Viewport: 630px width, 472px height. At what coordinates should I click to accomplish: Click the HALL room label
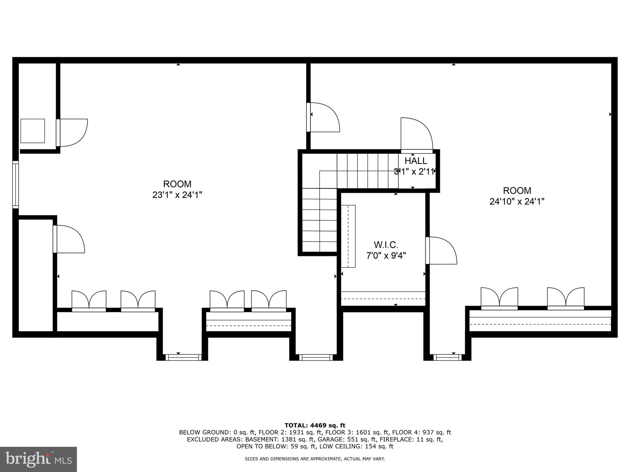(x=416, y=161)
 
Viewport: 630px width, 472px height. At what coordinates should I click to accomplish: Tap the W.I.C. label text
(x=386, y=245)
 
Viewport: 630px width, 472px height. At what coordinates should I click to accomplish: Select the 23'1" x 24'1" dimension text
(x=177, y=195)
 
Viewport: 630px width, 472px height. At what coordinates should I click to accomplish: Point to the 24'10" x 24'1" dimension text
(x=517, y=202)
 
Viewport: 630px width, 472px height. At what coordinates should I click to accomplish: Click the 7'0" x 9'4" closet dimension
(x=386, y=256)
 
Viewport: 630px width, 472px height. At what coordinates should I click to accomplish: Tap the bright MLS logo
(x=38, y=459)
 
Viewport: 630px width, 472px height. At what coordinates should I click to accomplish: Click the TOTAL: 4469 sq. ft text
(x=315, y=425)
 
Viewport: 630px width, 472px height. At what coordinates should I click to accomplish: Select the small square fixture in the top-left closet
(x=33, y=131)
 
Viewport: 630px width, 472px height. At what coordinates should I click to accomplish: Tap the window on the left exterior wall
(x=15, y=184)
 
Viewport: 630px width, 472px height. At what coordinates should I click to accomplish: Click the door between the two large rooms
(x=323, y=117)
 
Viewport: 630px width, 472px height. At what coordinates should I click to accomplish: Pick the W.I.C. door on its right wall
(x=441, y=250)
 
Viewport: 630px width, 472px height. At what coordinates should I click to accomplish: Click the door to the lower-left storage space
(x=69, y=239)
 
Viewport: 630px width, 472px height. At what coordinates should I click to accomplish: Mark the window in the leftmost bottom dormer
(x=183, y=357)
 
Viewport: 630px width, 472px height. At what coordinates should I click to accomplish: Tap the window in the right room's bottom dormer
(x=447, y=357)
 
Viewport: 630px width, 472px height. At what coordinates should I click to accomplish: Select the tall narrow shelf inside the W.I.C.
(x=348, y=236)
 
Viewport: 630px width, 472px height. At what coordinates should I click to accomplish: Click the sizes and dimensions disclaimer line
(x=315, y=459)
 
